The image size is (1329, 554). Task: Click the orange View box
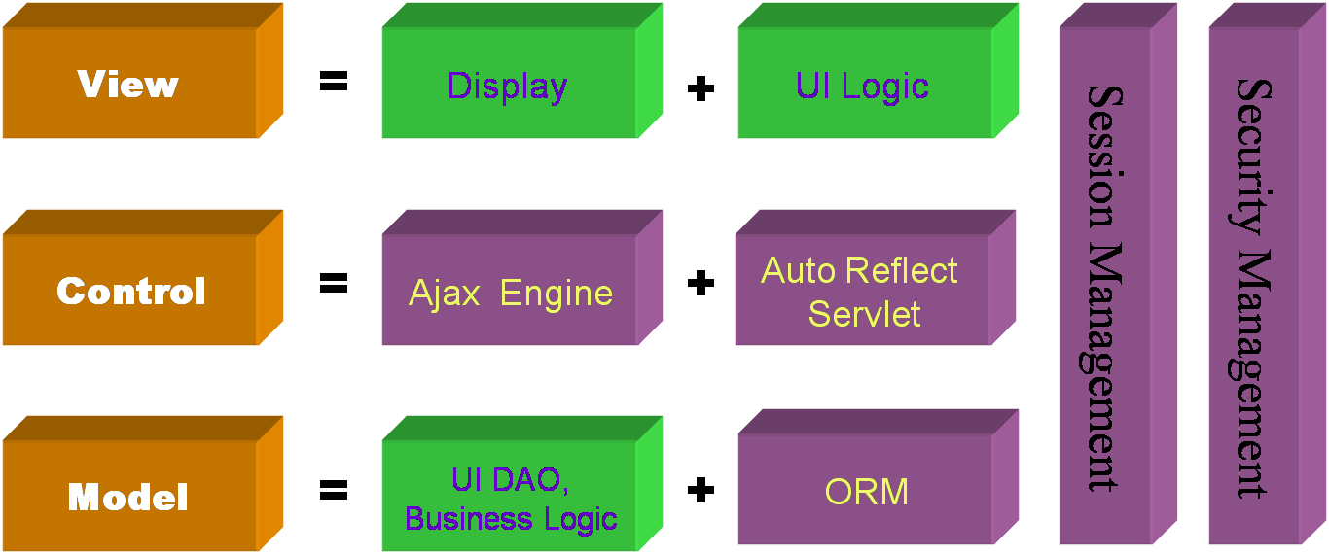click(x=128, y=84)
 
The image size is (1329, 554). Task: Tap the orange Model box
click(x=128, y=498)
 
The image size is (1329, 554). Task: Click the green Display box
click(x=508, y=86)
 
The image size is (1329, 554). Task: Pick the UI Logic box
click(x=862, y=86)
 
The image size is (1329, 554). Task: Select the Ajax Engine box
click(x=510, y=293)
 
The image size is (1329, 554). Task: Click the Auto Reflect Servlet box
click(x=860, y=292)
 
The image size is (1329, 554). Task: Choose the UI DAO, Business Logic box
click(x=510, y=498)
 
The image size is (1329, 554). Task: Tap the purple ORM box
click(x=866, y=492)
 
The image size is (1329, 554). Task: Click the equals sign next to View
click(x=334, y=83)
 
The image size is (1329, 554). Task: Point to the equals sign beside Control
click(x=334, y=284)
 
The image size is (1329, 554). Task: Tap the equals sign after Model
click(x=334, y=491)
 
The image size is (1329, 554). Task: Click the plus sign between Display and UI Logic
click(x=700, y=88)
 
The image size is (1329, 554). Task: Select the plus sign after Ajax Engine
click(x=700, y=284)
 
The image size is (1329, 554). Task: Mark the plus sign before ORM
click(x=700, y=490)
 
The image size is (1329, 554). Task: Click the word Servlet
click(x=864, y=314)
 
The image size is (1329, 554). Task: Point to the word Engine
click(x=557, y=294)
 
